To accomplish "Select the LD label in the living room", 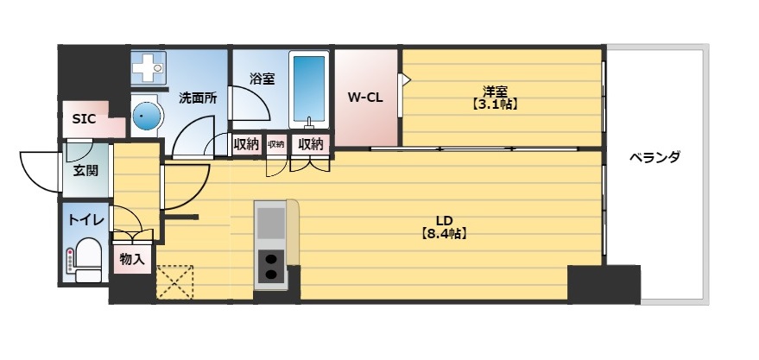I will click(445, 218).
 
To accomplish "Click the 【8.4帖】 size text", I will click(444, 233).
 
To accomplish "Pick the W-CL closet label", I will click(365, 98).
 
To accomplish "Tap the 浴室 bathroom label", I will click(262, 79).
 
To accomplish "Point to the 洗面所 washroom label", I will click(198, 98).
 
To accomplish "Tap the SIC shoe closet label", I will click(84, 119).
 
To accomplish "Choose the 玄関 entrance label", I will click(85, 170).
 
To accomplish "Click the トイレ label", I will click(86, 221).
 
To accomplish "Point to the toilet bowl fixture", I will click(86, 259).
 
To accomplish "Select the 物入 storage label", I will click(132, 259).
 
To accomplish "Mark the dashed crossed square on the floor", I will click(175, 281).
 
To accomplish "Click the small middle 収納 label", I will click(275, 144).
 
